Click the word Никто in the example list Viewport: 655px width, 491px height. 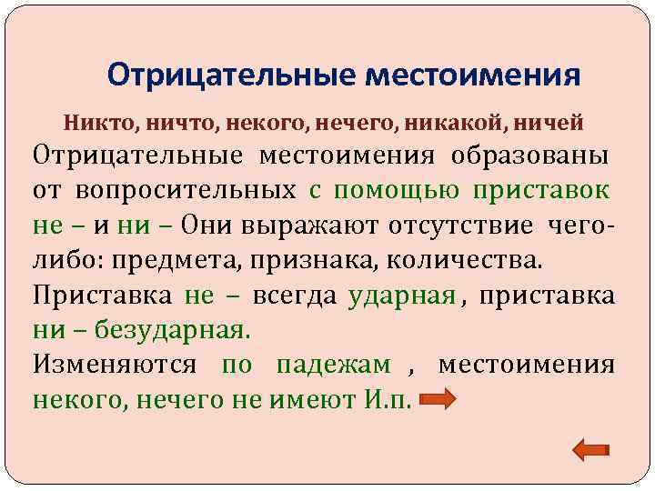(89, 121)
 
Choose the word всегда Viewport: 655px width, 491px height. (295, 296)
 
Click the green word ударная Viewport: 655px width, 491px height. (401, 296)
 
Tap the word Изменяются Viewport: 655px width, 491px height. (114, 366)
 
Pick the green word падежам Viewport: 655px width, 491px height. (333, 366)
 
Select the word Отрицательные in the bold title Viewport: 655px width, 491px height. (229, 74)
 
